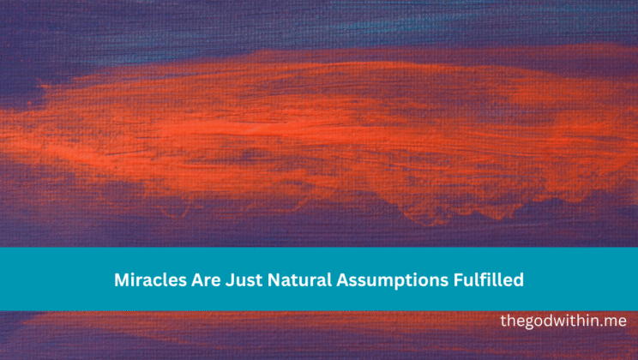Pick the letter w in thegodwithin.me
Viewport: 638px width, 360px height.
click(560, 321)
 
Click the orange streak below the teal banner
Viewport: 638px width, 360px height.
click(257, 330)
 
